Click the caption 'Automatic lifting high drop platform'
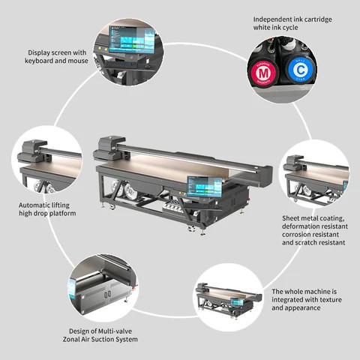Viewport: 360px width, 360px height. click(x=47, y=208)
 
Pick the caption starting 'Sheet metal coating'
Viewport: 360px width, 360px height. click(x=313, y=231)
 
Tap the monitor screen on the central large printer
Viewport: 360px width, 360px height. click(x=205, y=188)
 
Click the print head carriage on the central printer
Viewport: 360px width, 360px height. click(x=109, y=148)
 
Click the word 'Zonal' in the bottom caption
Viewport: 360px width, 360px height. click(x=77, y=340)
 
